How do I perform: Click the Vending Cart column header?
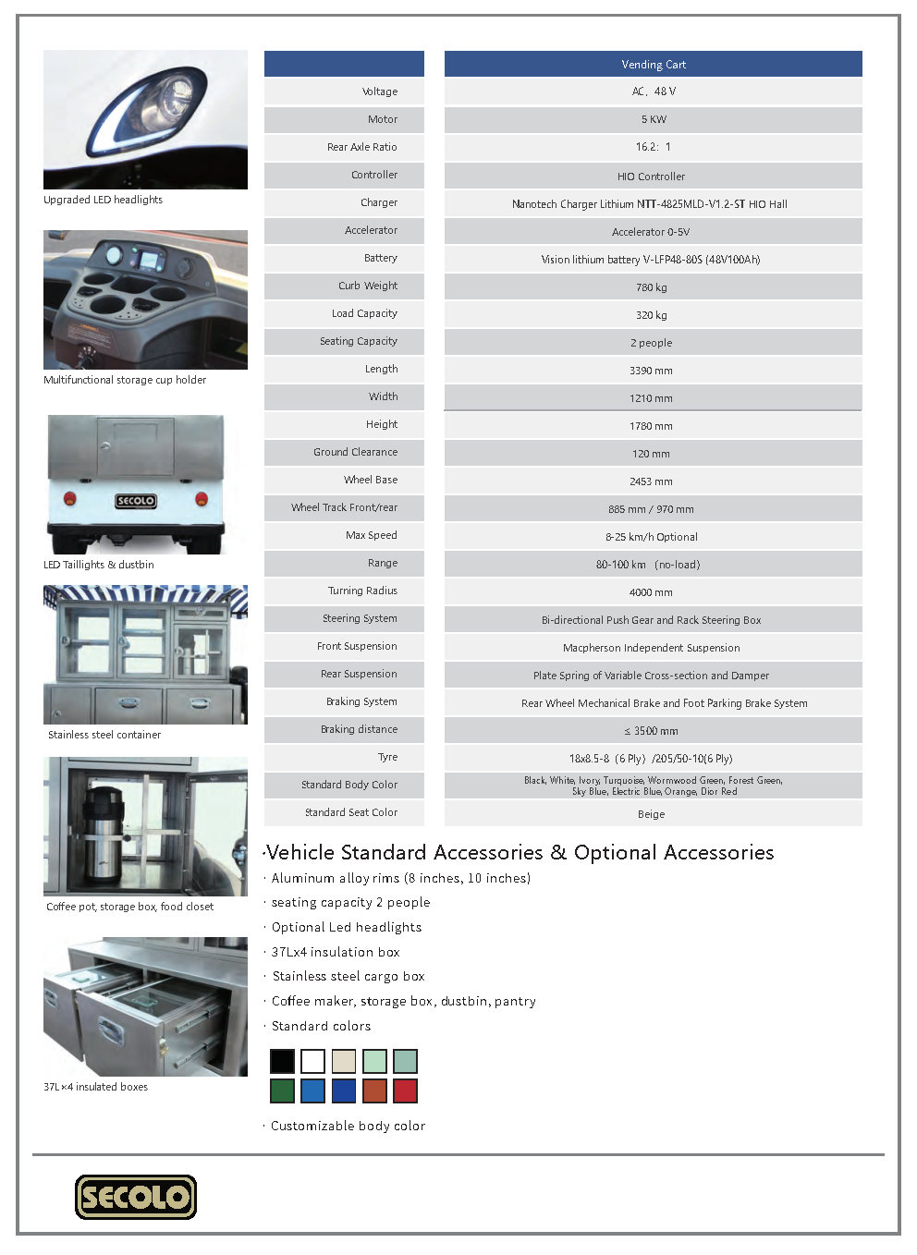[653, 65]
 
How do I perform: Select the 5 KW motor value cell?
[653, 119]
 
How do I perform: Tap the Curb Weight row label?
[367, 286]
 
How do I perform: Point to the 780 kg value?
[651, 287]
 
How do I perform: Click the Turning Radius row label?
[362, 591]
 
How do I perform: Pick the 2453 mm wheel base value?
[651, 481]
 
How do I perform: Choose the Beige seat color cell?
[651, 814]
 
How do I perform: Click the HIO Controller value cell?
[651, 177]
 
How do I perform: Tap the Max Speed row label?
[371, 535]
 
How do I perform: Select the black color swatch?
[282, 1061]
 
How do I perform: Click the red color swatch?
[405, 1091]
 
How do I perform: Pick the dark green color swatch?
[282, 1091]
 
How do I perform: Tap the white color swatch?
[312, 1061]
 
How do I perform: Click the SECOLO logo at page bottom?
[136, 1197]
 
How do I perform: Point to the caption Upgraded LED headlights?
[103, 200]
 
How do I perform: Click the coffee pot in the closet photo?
[103, 832]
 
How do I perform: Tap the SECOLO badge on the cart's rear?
[135, 501]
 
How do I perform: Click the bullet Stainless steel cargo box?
[348, 976]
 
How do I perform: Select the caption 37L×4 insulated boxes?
[95, 1087]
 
